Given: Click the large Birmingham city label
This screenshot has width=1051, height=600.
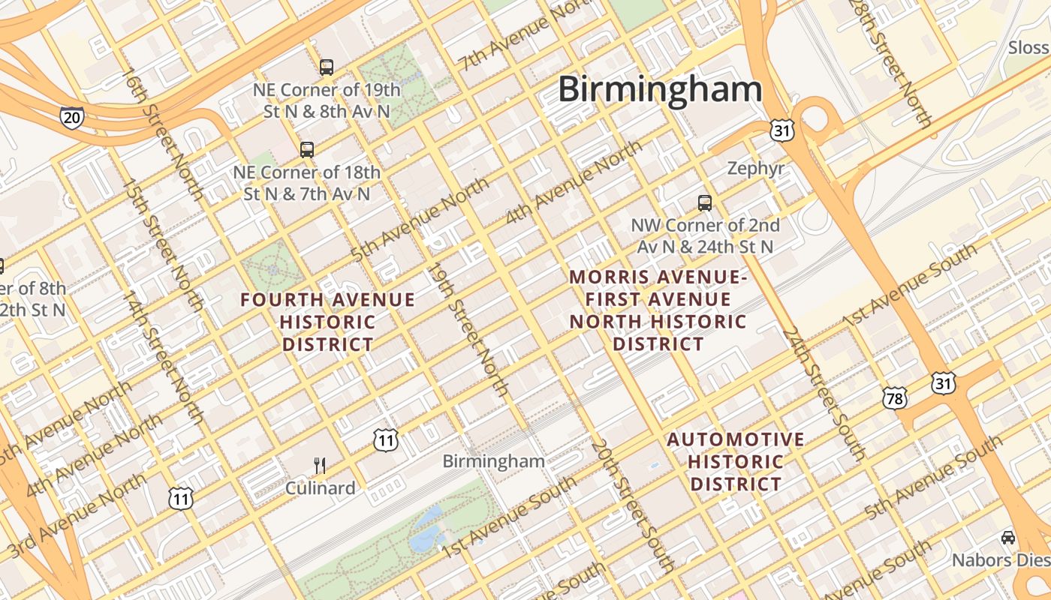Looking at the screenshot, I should point(660,90).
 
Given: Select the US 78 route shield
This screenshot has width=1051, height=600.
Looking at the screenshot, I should point(895,397).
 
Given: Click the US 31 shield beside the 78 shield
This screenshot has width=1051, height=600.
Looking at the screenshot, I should point(943,383).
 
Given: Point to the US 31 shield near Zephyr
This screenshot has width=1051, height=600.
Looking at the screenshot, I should point(781,130).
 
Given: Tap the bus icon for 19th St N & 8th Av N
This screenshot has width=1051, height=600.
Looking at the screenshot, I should point(326,67).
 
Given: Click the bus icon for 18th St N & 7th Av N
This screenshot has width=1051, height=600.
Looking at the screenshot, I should point(306,149).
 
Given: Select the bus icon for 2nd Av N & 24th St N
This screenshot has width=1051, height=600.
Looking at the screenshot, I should point(704,202).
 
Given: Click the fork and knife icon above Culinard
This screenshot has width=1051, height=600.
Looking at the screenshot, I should point(320,466).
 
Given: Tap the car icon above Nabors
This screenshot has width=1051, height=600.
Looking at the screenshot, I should point(1007,538).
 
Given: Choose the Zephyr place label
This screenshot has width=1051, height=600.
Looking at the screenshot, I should point(755,169).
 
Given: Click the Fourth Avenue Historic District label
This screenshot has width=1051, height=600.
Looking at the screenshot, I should point(327,322).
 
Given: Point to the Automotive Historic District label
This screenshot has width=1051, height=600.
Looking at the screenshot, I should point(736,461).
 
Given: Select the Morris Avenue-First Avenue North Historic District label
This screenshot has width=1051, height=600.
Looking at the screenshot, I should point(658,310).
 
